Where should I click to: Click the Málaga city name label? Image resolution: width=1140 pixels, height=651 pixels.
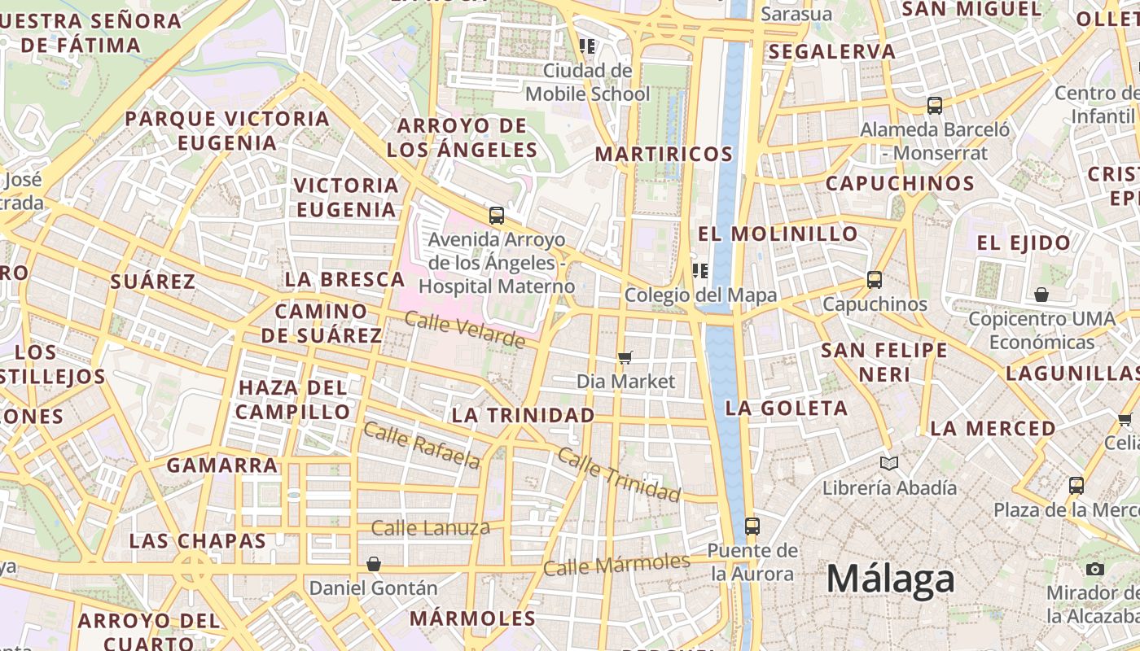(x=890, y=579)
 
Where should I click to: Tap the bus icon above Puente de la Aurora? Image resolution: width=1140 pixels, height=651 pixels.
(x=752, y=526)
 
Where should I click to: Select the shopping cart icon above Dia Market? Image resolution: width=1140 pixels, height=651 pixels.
(x=625, y=357)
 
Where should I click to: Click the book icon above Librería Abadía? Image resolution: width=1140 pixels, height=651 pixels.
(x=889, y=463)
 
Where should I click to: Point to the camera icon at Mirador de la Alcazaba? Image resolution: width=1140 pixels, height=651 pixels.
(x=1095, y=569)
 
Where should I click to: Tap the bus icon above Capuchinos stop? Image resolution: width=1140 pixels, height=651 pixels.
(x=875, y=280)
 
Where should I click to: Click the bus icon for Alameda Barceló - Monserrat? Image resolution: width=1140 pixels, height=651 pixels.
(x=935, y=105)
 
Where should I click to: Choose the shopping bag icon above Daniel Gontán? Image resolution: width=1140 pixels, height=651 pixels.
(x=374, y=563)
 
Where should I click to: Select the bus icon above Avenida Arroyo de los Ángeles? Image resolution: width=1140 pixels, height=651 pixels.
(x=497, y=216)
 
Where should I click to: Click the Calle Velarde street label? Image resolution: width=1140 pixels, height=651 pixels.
(x=464, y=330)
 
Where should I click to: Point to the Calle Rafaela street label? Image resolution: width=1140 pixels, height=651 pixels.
(x=421, y=445)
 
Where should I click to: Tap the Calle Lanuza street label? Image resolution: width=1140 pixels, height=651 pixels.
(x=430, y=528)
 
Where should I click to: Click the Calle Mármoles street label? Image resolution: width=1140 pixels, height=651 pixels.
(x=616, y=564)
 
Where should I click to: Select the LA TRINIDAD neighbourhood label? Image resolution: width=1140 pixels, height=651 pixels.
(x=523, y=415)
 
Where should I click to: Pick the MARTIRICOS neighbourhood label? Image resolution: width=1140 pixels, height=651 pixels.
(x=664, y=154)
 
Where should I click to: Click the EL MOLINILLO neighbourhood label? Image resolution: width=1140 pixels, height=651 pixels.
(x=778, y=234)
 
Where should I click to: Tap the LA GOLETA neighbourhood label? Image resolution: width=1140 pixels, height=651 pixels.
(x=787, y=408)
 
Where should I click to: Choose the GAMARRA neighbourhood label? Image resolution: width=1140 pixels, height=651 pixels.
(x=222, y=465)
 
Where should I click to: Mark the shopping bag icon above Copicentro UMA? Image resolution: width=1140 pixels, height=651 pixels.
(x=1041, y=295)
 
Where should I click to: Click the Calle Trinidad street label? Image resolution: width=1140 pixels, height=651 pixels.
(x=619, y=474)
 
